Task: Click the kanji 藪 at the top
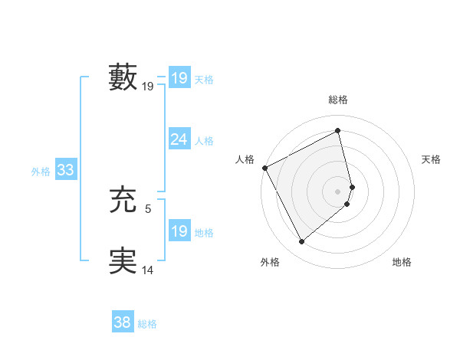click(123, 77)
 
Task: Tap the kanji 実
click(123, 261)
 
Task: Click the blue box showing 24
click(179, 139)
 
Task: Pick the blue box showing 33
click(65, 170)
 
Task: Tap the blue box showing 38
click(123, 322)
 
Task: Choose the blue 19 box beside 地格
click(179, 231)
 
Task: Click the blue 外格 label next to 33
click(41, 172)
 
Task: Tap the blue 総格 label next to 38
click(147, 324)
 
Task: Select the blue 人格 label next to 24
click(204, 141)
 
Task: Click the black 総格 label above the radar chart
click(338, 100)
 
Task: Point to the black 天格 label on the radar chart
click(431, 159)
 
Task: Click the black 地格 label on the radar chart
click(402, 263)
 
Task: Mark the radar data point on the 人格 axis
click(264, 168)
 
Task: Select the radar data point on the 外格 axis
click(301, 242)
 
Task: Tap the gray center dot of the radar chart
click(338, 191)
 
